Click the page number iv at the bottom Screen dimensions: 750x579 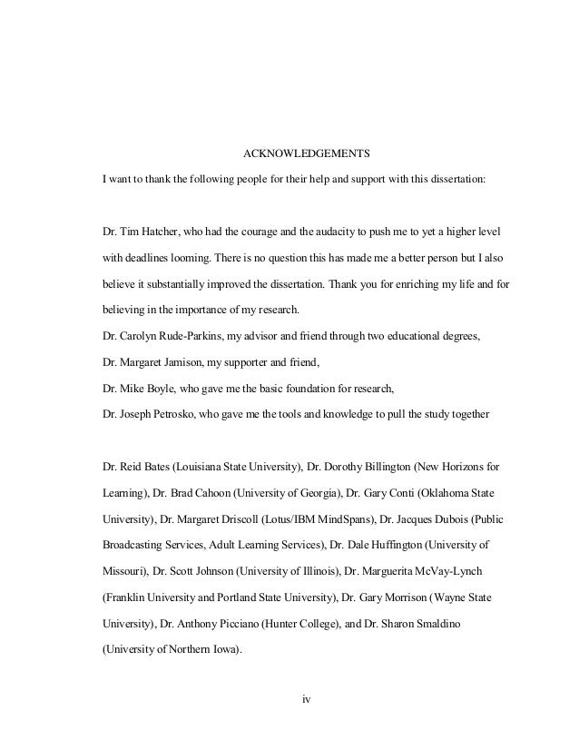point(306,699)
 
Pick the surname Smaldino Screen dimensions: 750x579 point(464,625)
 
